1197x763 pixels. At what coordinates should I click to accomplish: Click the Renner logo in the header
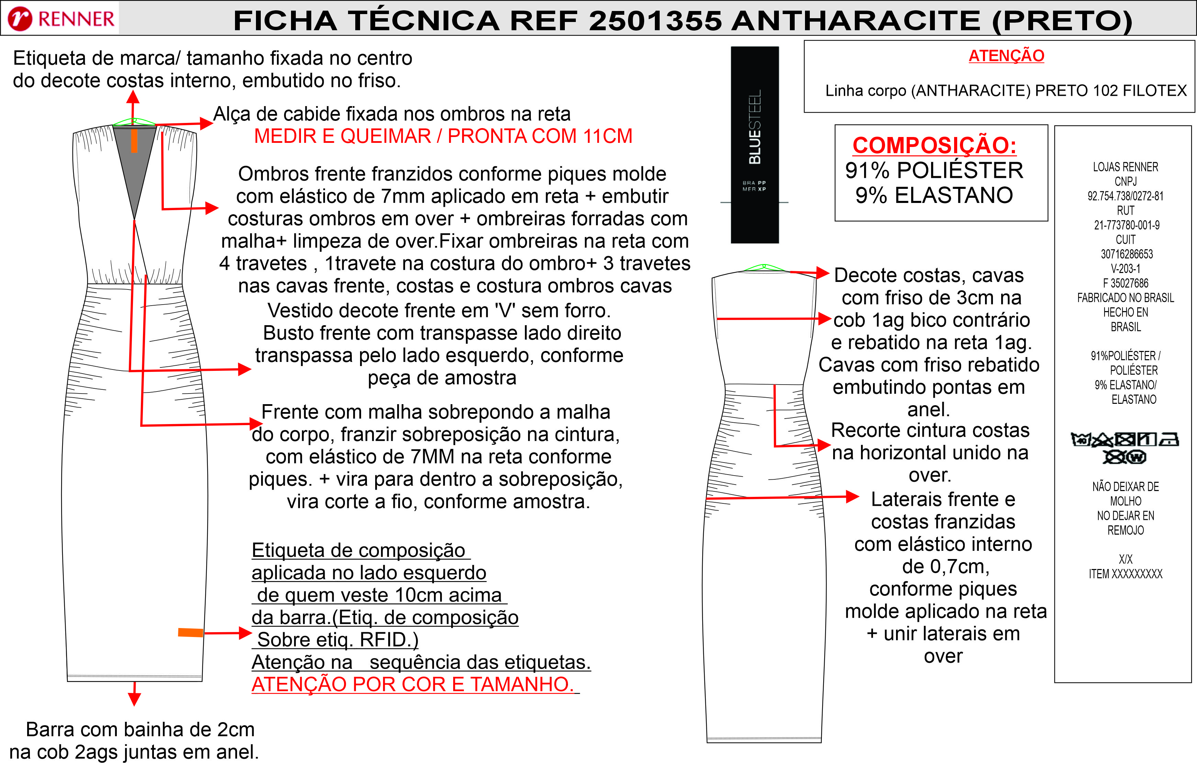tap(61, 19)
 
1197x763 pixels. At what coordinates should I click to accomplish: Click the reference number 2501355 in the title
tap(655, 21)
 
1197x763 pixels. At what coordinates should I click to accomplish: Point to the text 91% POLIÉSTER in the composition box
tap(934, 170)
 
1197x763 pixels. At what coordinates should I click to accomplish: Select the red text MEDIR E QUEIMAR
tap(343, 136)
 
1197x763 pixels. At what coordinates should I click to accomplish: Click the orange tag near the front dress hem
tap(191, 633)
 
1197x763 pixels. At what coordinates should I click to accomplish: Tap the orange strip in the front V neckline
tap(134, 140)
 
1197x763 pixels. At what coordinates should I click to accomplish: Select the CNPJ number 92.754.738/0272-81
tap(1126, 196)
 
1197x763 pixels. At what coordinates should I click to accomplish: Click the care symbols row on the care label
tap(1125, 447)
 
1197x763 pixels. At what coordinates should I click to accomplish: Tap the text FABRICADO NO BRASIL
tap(1126, 298)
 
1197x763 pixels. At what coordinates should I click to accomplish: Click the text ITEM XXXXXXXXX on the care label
tap(1126, 574)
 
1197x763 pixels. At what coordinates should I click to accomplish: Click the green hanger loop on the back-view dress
tap(764, 268)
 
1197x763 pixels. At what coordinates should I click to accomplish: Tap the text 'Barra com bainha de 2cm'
tap(140, 730)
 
